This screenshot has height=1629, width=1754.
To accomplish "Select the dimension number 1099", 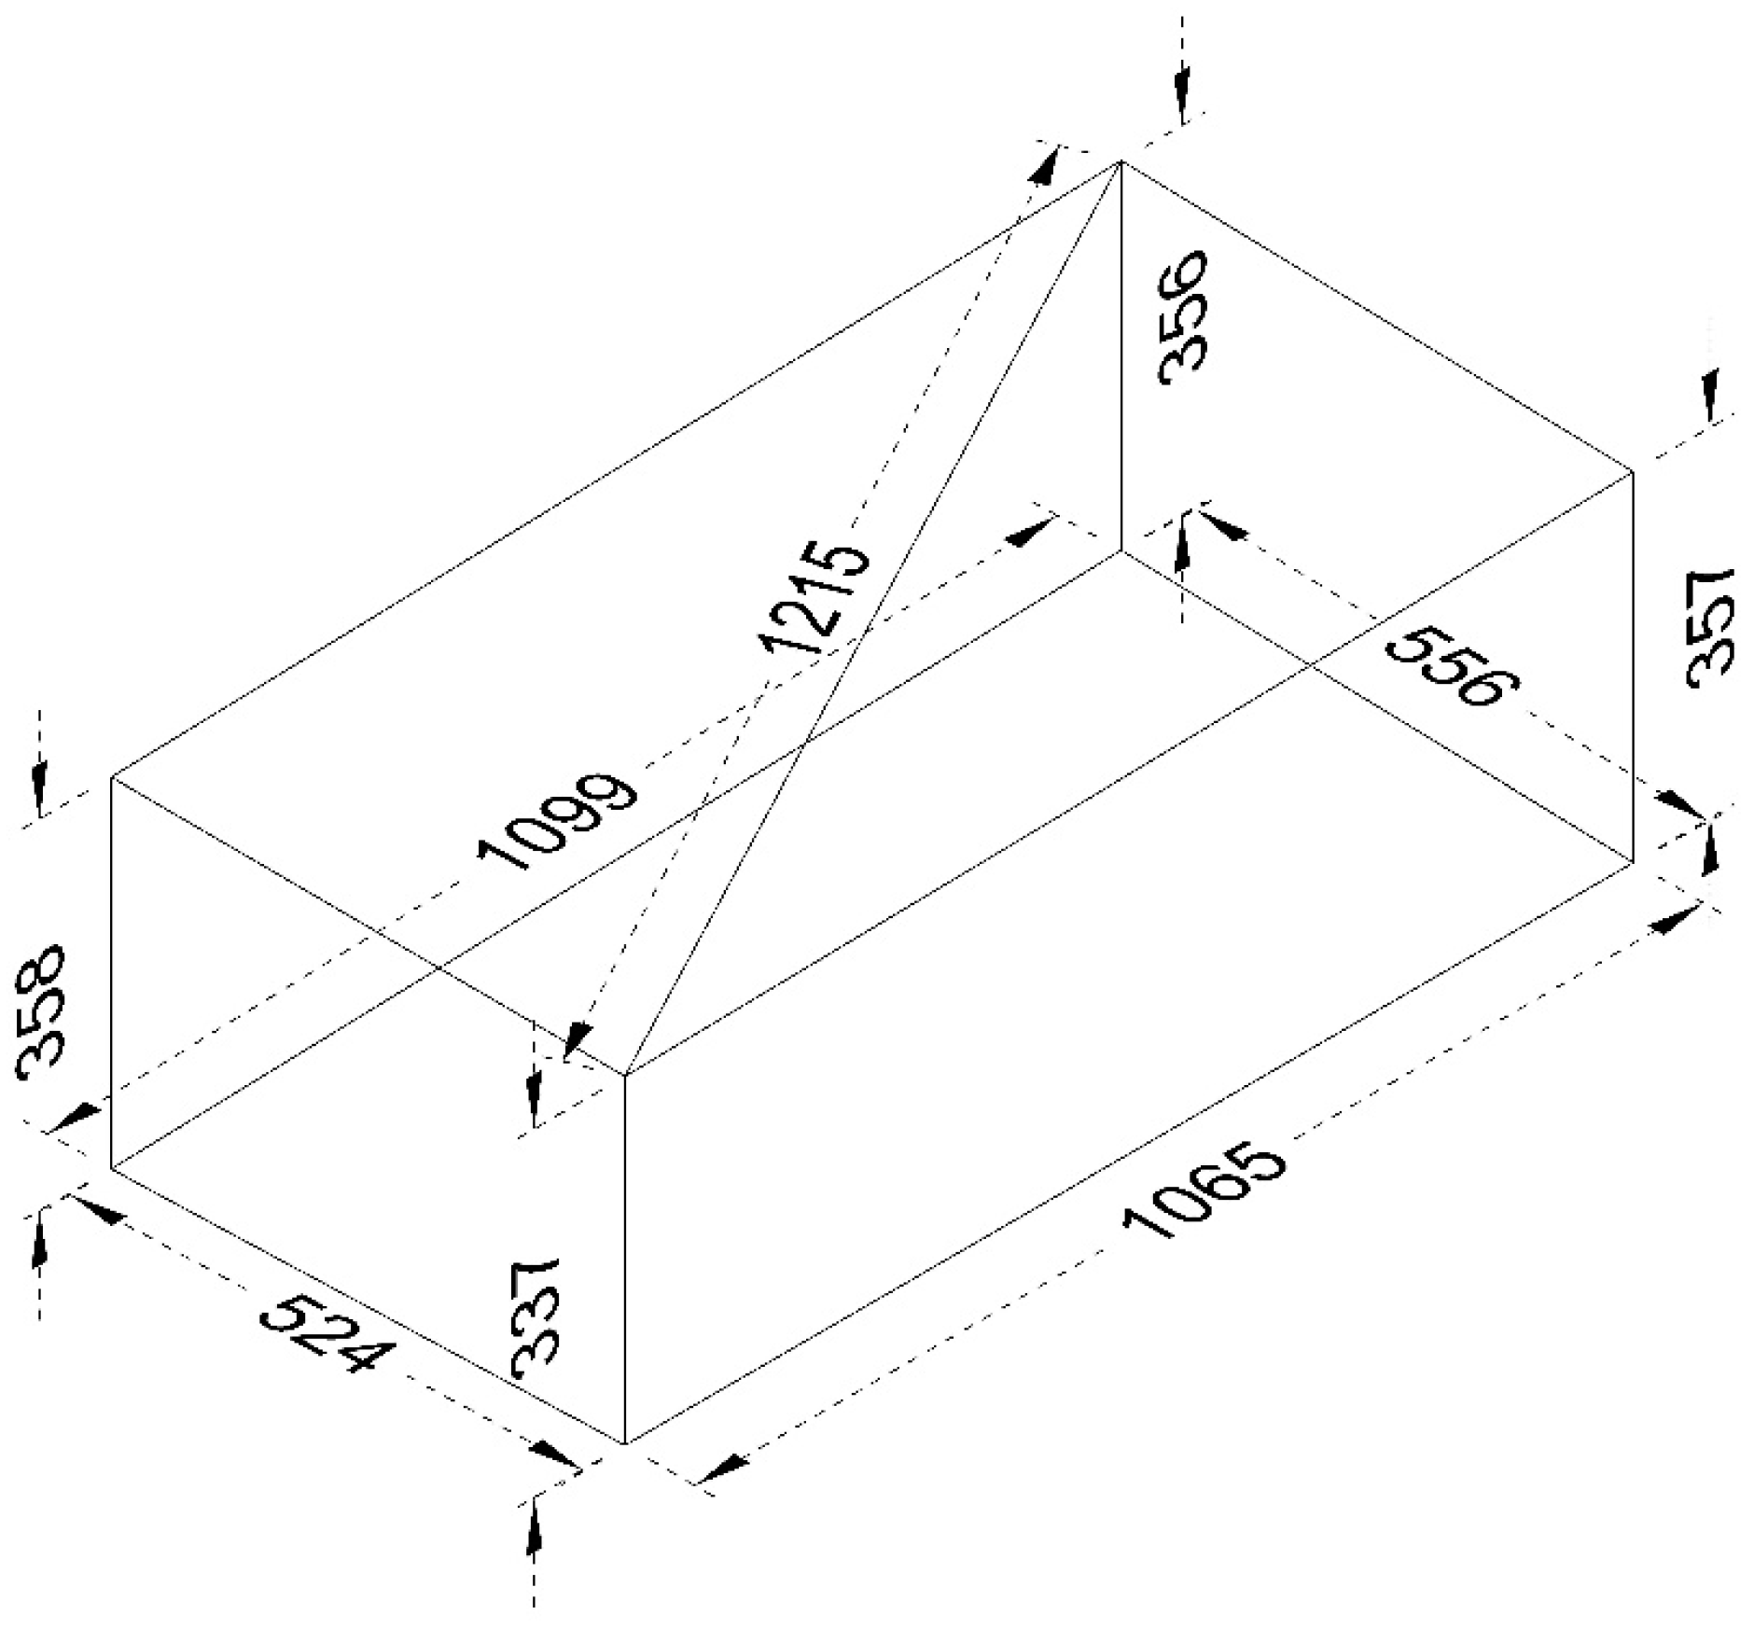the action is (557, 820).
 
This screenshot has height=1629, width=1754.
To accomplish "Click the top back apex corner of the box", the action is (1121, 161).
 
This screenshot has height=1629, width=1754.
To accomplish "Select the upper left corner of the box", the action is (112, 776).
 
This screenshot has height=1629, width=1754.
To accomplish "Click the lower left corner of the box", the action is (112, 1166).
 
